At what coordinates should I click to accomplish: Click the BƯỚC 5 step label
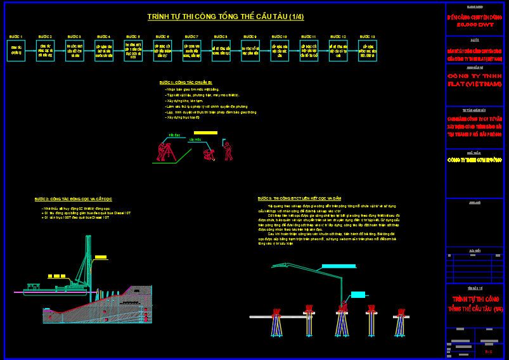click(x=132, y=37)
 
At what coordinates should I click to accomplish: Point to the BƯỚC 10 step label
click(x=280, y=37)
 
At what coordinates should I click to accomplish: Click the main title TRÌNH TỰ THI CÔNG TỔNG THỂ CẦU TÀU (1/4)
click(x=225, y=16)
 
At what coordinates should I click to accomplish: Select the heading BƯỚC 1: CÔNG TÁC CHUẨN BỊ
click(x=186, y=82)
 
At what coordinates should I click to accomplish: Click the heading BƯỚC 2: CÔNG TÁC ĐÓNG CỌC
click(x=74, y=199)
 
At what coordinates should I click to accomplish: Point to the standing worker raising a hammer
click(x=227, y=151)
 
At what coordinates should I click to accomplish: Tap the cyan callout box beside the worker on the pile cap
click(x=358, y=294)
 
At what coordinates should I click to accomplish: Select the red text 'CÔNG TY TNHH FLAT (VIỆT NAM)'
click(x=474, y=80)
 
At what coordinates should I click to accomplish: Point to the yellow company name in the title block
click(x=474, y=160)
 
